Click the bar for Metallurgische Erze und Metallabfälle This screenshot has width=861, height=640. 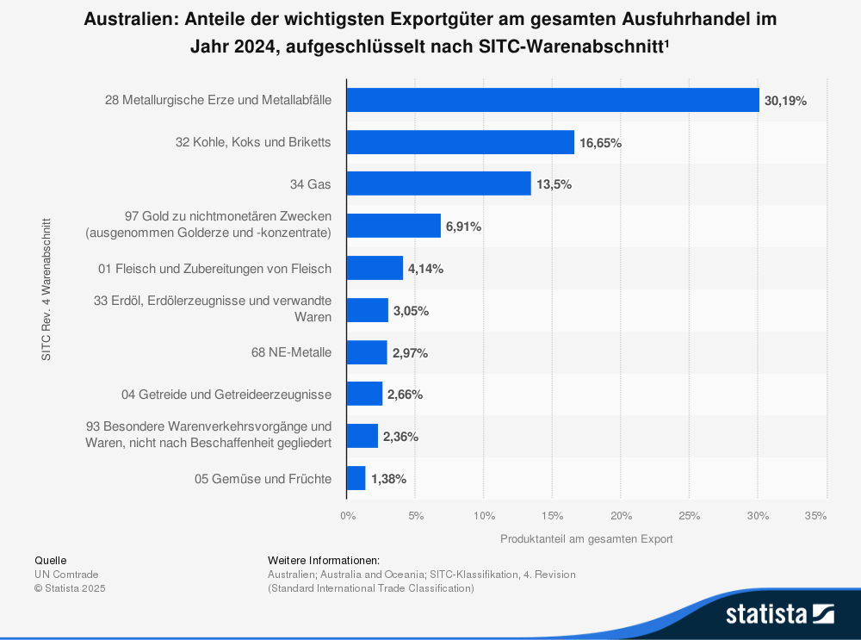pyautogui.click(x=552, y=100)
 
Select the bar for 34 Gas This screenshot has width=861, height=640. pyautogui.click(x=438, y=183)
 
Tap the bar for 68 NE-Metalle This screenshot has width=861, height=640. pyautogui.click(x=367, y=352)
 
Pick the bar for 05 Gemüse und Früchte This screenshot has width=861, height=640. pyautogui.click(x=356, y=478)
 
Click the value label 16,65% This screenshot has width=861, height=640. pyautogui.click(x=600, y=143)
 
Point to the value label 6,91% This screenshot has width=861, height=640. pyautogui.click(x=463, y=227)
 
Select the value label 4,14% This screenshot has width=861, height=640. pyautogui.click(x=425, y=269)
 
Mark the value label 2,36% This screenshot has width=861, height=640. pyautogui.click(x=400, y=437)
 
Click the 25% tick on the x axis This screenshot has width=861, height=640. pyautogui.click(x=689, y=516)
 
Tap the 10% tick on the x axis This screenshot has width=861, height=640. pyautogui.click(x=484, y=516)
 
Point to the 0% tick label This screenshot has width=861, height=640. pyautogui.click(x=347, y=516)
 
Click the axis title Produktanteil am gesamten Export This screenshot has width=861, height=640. pyautogui.click(x=586, y=539)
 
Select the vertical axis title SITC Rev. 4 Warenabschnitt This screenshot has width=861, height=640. pyautogui.click(x=46, y=289)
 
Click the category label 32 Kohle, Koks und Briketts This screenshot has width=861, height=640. pyautogui.click(x=253, y=142)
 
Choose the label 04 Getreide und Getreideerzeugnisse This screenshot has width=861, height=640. pyautogui.click(x=226, y=395)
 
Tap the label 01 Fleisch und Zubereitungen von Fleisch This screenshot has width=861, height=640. pyautogui.click(x=214, y=269)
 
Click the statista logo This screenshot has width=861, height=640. pyautogui.click(x=779, y=613)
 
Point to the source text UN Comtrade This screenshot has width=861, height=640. pyautogui.click(x=66, y=575)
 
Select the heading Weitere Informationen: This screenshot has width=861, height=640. pyautogui.click(x=324, y=560)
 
